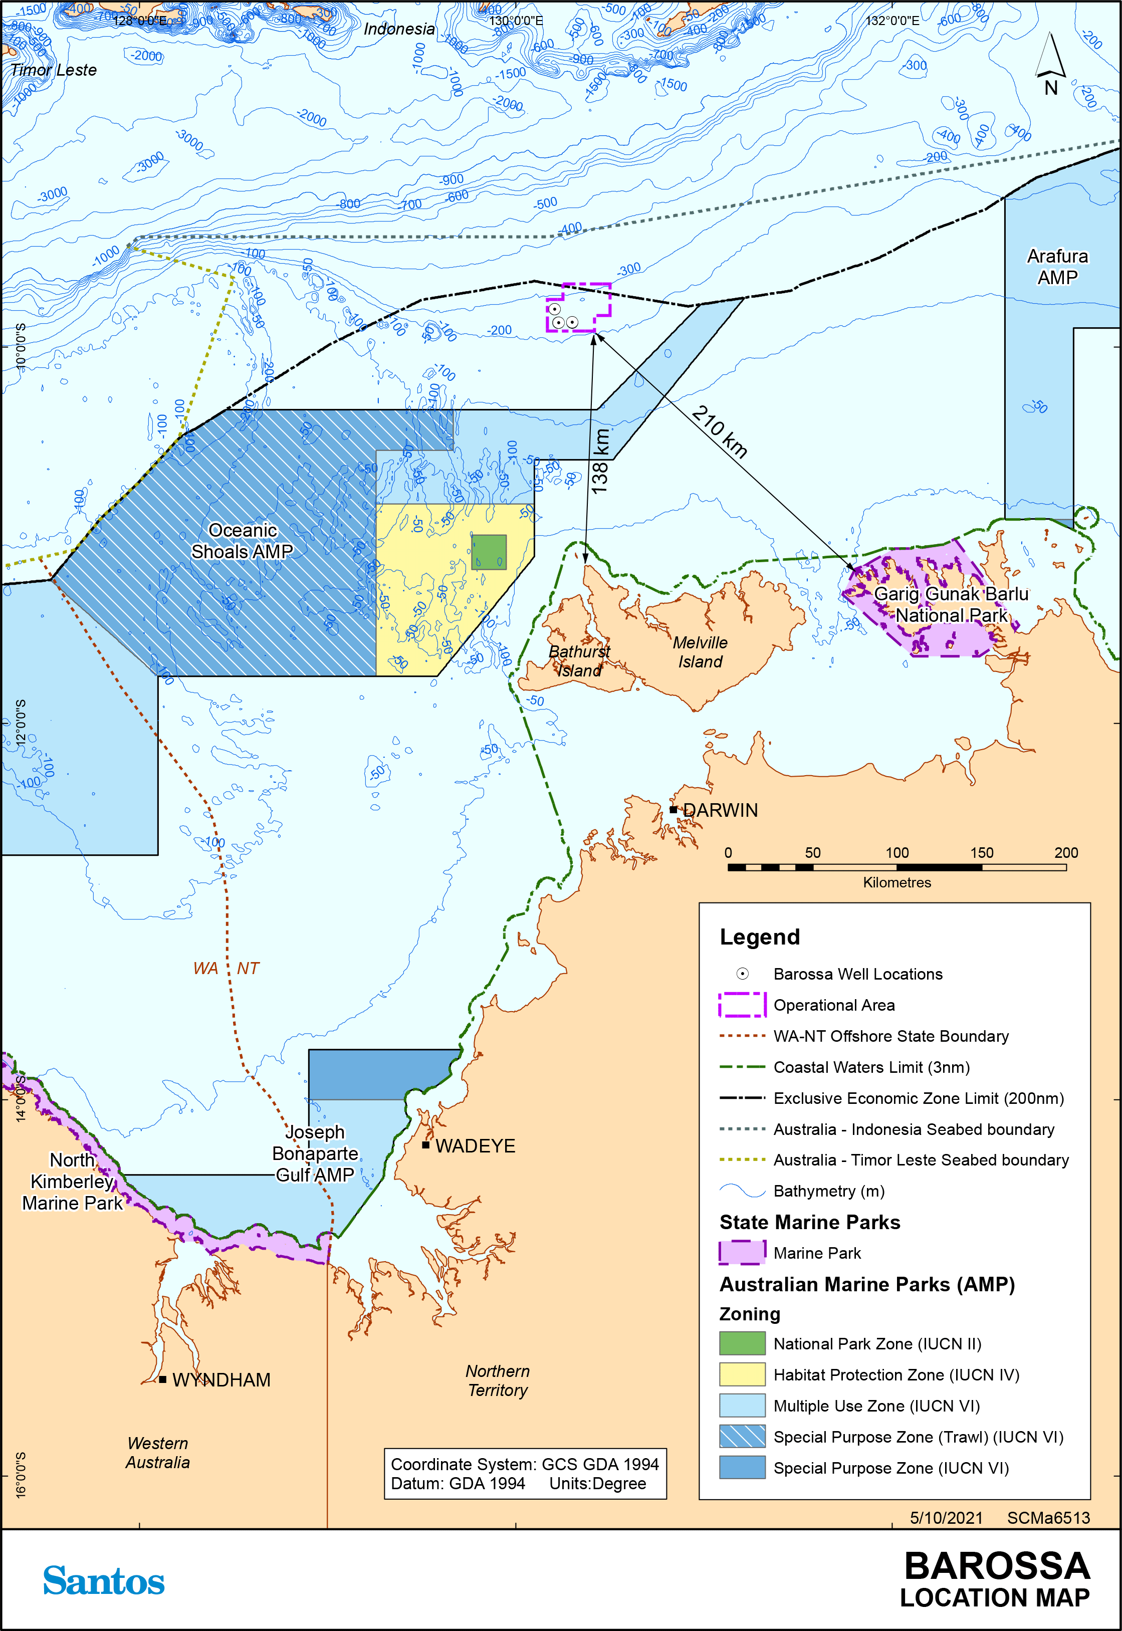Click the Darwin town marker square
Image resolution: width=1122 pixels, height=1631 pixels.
click(673, 810)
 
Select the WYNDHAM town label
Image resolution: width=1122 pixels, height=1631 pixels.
click(221, 1379)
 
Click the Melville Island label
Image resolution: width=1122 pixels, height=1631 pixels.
click(700, 652)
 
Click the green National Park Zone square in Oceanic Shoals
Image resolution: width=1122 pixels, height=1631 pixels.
click(489, 552)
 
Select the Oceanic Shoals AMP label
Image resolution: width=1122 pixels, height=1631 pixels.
click(242, 541)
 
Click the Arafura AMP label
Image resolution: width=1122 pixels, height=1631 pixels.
click(1057, 267)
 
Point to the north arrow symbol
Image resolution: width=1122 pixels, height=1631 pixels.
click(1050, 63)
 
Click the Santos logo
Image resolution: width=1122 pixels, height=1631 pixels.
click(104, 1580)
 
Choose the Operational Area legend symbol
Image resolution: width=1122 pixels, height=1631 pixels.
click(742, 1005)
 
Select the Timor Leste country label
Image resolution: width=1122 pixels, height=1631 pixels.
click(54, 70)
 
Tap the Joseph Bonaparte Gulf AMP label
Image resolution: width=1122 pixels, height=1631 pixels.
click(315, 1153)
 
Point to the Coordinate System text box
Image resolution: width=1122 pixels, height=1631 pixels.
click(525, 1474)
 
